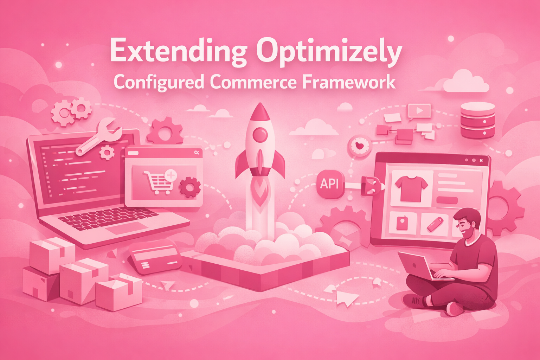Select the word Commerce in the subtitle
coord(253,82)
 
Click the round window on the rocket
coord(260,134)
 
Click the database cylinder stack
coord(477,120)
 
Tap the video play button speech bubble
coord(419,111)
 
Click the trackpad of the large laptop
coord(127,228)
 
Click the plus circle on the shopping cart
coord(171,175)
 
